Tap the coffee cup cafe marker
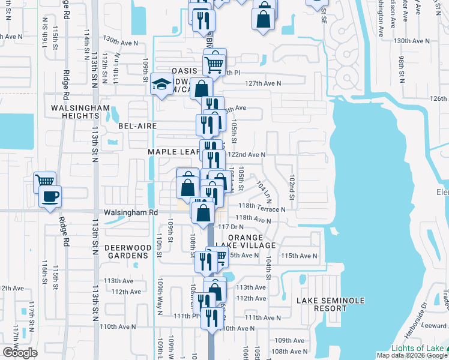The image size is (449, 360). coord(49,196)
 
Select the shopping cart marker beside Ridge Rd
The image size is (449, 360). coord(44,180)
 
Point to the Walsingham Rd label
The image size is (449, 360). coord(130,212)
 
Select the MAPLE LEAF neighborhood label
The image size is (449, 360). coord(173,152)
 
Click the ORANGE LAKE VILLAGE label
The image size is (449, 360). coord(252,241)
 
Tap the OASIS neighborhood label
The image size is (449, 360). coord(184,70)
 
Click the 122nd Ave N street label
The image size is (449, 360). coord(246,154)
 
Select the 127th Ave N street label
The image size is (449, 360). coord(263,83)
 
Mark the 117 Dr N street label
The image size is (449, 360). coord(232,227)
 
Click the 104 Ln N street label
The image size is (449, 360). coord(264,191)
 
